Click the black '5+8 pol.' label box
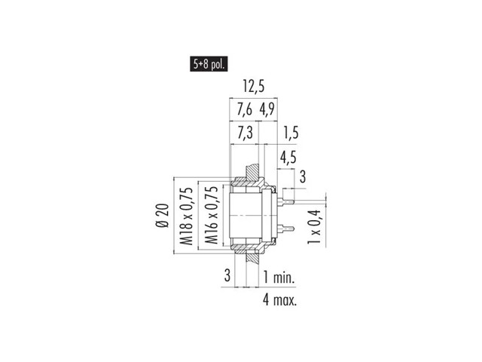(209, 64)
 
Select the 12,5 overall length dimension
(254, 87)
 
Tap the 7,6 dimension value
(244, 109)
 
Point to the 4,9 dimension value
(267, 109)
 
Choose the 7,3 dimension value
(245, 133)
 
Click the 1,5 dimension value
(291, 133)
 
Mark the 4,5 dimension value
(288, 157)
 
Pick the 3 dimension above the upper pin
(303, 177)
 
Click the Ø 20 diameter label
(163, 216)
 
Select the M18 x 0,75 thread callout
(187, 216)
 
